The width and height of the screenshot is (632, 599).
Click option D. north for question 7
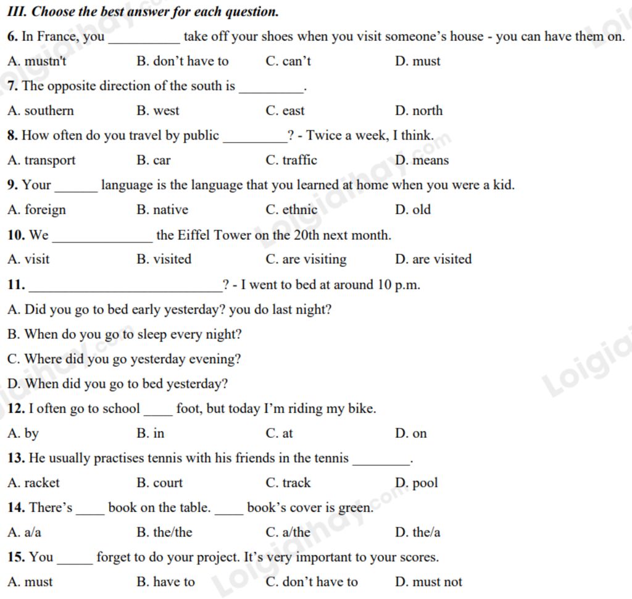tap(418, 111)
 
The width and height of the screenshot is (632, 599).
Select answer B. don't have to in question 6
tap(182, 62)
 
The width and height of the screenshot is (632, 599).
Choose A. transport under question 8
tap(41, 161)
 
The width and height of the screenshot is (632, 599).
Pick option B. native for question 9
tap(162, 210)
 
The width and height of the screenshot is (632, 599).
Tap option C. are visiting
tap(306, 259)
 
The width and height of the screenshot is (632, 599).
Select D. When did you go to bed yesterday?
tap(118, 384)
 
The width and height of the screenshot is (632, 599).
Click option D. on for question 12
tap(410, 434)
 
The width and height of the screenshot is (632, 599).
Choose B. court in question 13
tap(160, 483)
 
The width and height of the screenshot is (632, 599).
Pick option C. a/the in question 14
tap(288, 532)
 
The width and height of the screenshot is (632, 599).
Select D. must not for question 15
tap(428, 582)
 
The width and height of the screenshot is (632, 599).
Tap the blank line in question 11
tap(126, 288)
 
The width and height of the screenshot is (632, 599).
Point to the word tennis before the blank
tap(331, 458)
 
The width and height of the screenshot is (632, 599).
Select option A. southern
tap(41, 111)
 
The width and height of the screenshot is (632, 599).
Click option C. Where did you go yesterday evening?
tap(124, 359)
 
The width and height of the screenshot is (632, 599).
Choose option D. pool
tap(416, 483)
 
